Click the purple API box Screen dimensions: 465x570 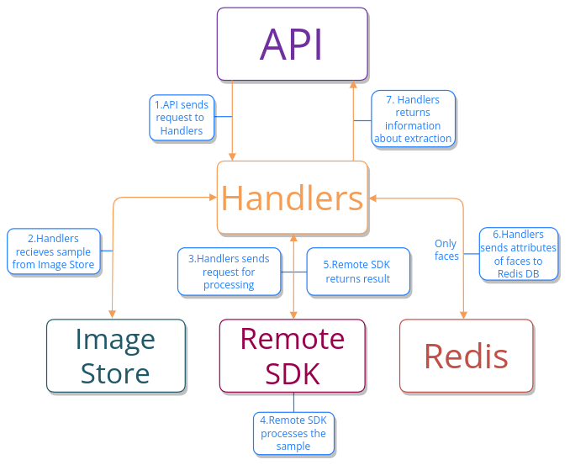292,44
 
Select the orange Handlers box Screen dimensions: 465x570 292,198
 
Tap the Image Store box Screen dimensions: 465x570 116,356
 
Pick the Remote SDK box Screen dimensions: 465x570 292,356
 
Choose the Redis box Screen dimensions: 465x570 466,356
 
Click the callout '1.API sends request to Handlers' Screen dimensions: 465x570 182,118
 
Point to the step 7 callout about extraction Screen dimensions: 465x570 413,119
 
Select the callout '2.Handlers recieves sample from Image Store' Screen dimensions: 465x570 53,251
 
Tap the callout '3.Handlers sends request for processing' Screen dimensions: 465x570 229,272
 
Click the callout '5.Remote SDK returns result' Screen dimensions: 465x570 358,272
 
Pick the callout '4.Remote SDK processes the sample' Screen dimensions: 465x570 293,433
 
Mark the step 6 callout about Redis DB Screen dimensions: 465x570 518,254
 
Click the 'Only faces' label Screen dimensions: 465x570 446,250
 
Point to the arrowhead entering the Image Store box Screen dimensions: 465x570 112,314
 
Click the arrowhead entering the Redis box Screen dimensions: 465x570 462,314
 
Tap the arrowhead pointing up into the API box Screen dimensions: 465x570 353,85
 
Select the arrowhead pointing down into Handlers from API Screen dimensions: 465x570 232,156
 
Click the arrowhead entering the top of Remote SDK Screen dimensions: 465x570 293,314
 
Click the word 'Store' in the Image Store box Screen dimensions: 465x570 116,373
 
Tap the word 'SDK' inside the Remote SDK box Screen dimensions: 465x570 292,373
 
